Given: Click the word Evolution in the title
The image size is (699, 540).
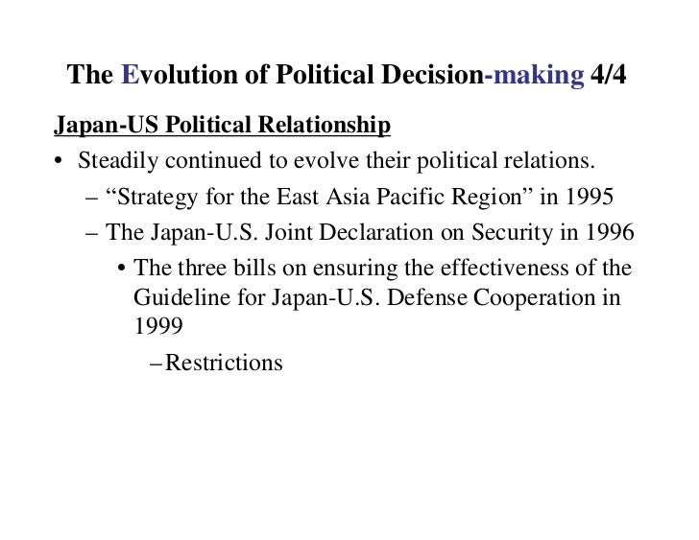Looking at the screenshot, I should click(169, 76).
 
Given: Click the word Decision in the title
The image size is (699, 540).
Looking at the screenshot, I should click(437, 76).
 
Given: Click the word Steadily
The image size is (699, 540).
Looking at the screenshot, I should click(119, 159).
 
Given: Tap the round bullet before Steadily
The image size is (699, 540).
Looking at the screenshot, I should click(59, 160).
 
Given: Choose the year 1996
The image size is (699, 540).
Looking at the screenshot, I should click(609, 232).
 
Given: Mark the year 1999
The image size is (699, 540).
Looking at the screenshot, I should click(158, 325).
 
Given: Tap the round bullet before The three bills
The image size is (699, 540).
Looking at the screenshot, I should click(121, 268).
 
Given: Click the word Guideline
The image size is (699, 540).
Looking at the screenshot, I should click(181, 297).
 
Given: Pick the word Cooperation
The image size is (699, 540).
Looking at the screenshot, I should click(532, 297).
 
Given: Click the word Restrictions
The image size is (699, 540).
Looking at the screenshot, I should click(225, 364).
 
